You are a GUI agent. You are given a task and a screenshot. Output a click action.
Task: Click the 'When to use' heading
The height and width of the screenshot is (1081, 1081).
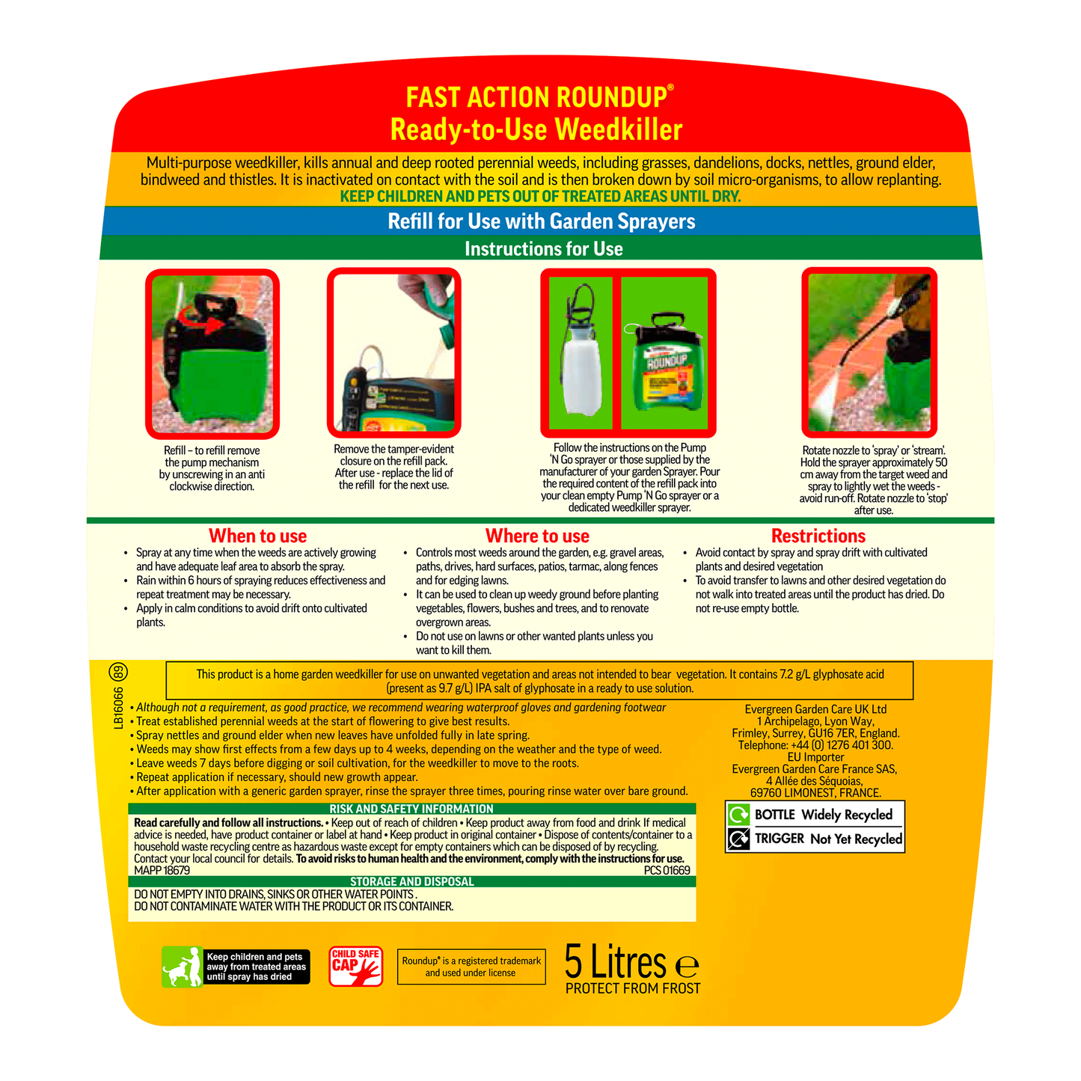[257, 536]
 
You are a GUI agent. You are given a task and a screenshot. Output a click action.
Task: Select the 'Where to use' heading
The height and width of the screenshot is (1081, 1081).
[537, 536]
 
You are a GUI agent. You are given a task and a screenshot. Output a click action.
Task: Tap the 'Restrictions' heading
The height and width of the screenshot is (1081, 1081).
[818, 536]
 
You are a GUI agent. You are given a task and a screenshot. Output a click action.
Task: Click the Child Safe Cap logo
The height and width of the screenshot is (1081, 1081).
[356, 967]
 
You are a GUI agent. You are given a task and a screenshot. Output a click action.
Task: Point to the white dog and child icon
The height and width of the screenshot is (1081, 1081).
[183, 967]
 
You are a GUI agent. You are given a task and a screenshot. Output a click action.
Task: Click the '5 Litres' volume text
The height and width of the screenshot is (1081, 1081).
[615, 962]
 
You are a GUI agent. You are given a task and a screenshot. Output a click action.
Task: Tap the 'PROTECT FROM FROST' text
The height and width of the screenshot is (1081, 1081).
[633, 988]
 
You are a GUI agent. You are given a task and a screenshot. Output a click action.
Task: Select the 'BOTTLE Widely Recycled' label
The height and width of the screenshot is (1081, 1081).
[815, 815]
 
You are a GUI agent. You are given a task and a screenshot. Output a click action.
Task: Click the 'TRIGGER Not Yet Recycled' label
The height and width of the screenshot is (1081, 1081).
[815, 839]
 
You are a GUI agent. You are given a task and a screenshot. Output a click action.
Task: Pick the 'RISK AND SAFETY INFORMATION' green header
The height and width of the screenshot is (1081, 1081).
[411, 809]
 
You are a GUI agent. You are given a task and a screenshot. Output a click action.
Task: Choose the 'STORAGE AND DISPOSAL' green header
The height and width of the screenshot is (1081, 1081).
[411, 881]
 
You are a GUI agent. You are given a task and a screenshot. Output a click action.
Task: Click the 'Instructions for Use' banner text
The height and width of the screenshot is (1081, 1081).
[543, 248]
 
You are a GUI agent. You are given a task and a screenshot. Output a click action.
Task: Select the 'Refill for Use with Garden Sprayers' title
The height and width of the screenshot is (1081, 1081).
[541, 221]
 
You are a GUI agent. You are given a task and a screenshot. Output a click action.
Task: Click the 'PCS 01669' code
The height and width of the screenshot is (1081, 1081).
[667, 870]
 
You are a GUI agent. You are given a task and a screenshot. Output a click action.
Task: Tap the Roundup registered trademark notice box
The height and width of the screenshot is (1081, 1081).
[471, 967]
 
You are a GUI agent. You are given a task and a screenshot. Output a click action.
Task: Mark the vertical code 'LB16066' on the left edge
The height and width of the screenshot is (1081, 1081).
[119, 708]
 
